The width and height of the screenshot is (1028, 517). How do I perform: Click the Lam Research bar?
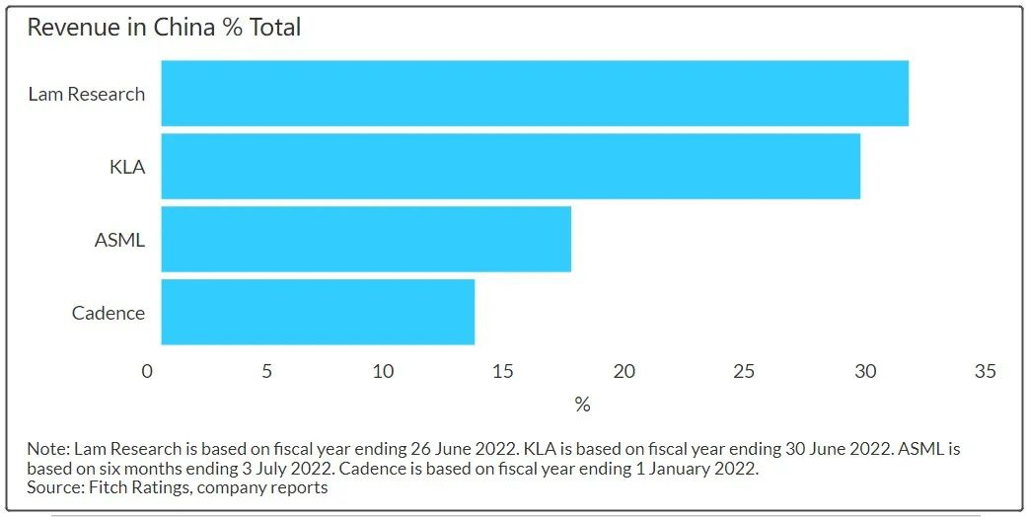point(535,93)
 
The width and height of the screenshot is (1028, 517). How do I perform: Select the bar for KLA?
point(511,167)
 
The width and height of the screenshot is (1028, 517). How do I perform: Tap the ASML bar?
point(366,239)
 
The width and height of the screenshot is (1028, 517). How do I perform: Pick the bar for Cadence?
point(318,312)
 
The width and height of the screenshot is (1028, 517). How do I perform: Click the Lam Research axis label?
point(87,95)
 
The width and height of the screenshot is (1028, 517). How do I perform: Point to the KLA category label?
point(127,167)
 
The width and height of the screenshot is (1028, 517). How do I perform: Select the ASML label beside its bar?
point(119,240)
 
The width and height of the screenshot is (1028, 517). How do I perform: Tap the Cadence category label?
point(109,313)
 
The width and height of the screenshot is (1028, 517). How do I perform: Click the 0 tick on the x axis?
point(147,372)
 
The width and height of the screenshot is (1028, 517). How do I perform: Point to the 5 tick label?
point(266,372)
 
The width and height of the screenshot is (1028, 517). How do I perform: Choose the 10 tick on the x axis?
point(384,372)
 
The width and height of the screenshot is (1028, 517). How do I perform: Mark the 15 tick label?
point(503,372)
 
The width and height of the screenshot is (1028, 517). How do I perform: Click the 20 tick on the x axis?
point(624,372)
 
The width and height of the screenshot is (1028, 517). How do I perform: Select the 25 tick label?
point(744,372)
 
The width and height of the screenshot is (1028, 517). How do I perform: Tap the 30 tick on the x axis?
point(865,372)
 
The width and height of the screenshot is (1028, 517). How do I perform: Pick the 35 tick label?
point(985,372)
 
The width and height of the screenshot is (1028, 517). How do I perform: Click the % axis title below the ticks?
point(582,405)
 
